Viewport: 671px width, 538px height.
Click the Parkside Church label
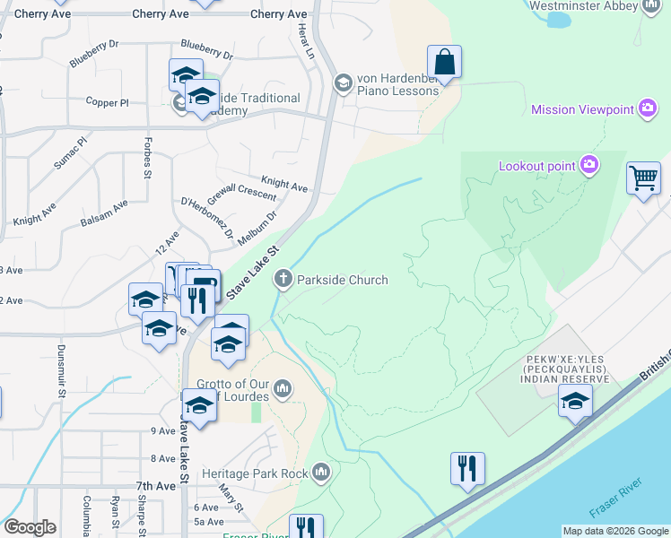point(343,280)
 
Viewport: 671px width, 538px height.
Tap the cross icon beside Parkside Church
point(283,280)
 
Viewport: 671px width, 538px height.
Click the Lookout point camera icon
point(589,165)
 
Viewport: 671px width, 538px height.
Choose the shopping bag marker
point(444,63)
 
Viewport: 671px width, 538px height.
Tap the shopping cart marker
point(643,178)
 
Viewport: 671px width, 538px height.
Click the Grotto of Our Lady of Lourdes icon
point(283,387)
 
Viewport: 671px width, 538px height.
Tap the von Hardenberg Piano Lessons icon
point(343,84)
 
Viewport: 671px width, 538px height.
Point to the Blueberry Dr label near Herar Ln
point(206,45)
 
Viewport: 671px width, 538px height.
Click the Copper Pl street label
point(109,103)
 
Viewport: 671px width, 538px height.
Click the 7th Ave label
point(155,485)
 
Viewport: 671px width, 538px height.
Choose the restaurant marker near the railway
point(467,469)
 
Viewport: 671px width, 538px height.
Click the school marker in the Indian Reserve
point(575,402)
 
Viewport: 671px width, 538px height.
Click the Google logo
point(30,527)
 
